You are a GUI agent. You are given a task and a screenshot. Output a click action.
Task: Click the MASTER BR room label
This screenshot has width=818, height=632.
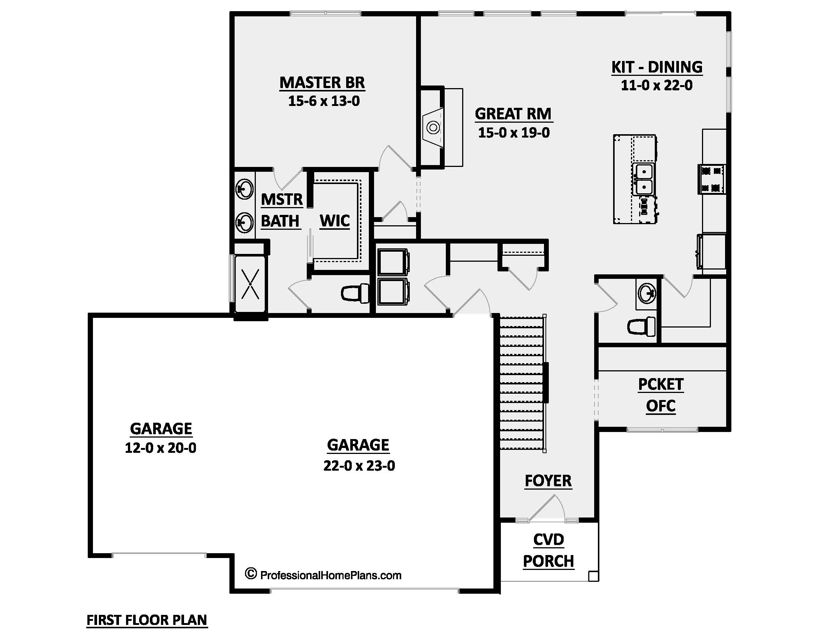(x=322, y=83)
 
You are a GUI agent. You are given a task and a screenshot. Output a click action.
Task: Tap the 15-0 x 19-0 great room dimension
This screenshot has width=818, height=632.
(x=513, y=133)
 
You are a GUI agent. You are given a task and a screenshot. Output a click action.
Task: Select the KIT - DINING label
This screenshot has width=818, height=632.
(x=657, y=67)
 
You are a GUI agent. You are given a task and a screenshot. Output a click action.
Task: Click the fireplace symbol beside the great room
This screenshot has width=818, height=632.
(x=433, y=128)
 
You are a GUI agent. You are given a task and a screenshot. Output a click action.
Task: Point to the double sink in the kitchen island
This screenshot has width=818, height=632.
(x=644, y=179)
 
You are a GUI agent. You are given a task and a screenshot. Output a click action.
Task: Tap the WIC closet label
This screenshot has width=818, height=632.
(x=335, y=221)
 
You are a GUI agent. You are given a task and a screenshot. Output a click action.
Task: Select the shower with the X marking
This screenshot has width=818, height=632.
(x=250, y=284)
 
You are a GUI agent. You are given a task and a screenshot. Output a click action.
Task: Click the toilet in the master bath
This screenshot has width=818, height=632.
(x=355, y=293)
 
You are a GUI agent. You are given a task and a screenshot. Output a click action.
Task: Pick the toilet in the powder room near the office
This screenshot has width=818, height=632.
(x=642, y=326)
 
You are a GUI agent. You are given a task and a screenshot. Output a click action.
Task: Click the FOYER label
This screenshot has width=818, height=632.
(x=548, y=481)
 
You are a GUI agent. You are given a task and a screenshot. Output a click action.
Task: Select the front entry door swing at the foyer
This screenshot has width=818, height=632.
(x=548, y=508)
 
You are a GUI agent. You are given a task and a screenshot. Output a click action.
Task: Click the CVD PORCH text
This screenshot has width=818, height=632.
(x=548, y=550)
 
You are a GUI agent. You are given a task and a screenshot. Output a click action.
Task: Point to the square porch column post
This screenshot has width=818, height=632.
(x=593, y=576)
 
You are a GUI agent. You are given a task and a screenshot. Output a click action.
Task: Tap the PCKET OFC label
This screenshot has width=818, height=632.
(x=661, y=395)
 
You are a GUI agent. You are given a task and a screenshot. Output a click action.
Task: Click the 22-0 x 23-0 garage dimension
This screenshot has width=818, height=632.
(x=359, y=465)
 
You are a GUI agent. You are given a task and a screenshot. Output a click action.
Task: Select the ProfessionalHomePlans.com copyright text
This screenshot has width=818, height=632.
(x=323, y=575)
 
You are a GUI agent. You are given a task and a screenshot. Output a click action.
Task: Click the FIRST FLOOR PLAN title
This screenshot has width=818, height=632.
(x=147, y=620)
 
